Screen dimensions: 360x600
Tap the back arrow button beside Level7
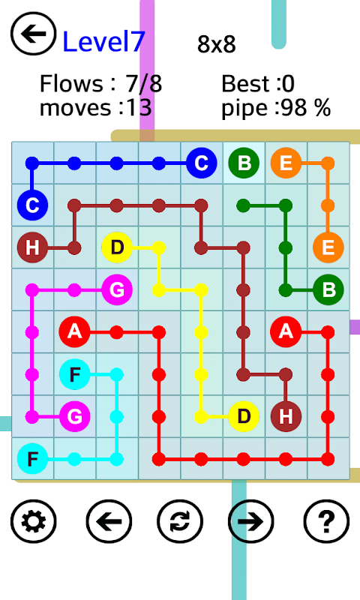[34, 34]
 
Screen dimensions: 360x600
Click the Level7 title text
[103, 41]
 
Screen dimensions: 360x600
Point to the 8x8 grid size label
[217, 44]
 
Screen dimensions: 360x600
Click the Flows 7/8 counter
[101, 83]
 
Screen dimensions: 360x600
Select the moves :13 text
[96, 107]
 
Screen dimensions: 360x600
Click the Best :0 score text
[258, 83]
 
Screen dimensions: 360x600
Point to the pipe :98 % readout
[276, 107]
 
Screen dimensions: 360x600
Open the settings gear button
[34, 521]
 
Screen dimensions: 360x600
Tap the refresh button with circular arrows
[180, 521]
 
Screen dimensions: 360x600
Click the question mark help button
[326, 521]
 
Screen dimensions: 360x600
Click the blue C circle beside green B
[202, 163]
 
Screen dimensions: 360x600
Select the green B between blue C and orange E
[244, 163]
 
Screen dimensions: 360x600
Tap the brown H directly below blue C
[32, 247]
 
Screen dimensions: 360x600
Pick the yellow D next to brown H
[244, 416]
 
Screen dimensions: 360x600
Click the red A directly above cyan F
[74, 331]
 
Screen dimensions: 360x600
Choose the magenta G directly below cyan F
[74, 416]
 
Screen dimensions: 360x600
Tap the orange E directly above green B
[328, 247]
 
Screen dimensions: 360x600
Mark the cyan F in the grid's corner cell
[32, 458]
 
